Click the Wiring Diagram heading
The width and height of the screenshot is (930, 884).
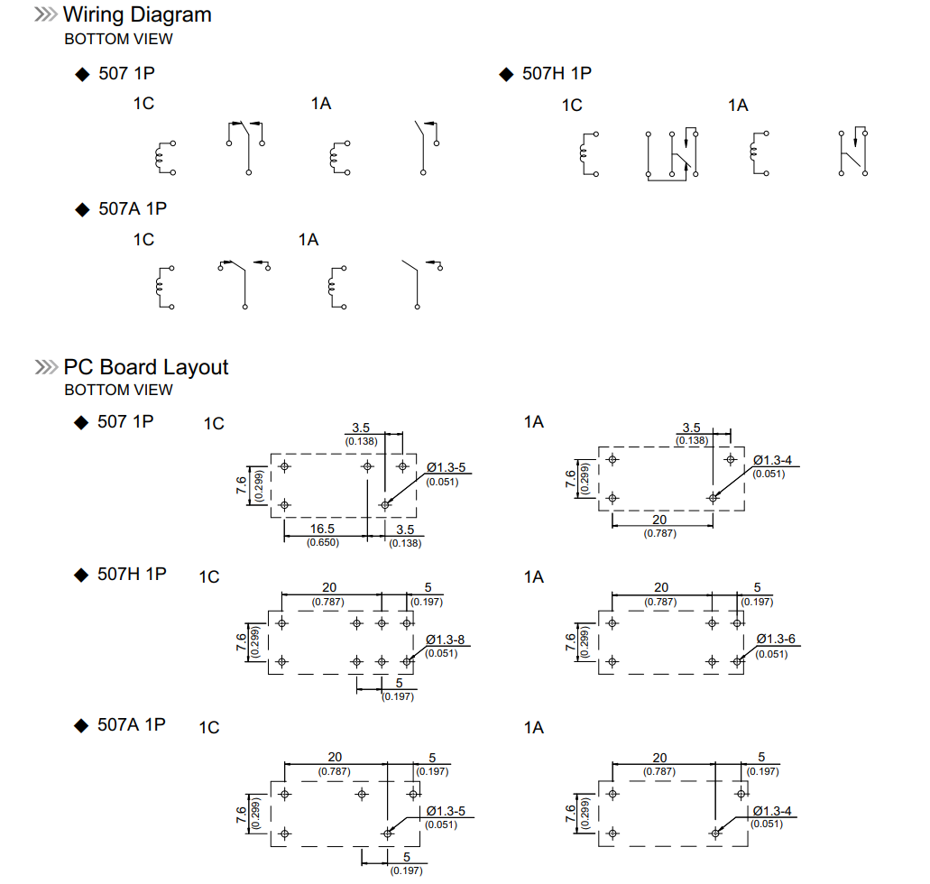(x=137, y=14)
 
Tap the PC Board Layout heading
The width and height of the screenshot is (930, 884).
(x=145, y=367)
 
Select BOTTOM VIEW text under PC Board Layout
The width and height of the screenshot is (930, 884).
(x=118, y=390)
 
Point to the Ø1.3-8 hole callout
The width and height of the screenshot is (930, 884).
(x=445, y=640)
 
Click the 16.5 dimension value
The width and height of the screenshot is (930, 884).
(x=323, y=529)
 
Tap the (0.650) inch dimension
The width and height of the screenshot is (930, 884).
(x=323, y=542)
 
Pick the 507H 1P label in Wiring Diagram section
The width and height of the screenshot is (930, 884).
(x=557, y=73)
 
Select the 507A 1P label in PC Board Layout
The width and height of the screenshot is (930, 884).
(x=132, y=724)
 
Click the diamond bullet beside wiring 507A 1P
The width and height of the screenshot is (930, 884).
(x=82, y=209)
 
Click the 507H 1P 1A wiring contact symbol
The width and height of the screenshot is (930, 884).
(x=853, y=152)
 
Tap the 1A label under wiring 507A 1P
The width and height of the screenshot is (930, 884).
(x=308, y=239)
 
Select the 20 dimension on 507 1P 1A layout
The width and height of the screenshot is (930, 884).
(x=659, y=520)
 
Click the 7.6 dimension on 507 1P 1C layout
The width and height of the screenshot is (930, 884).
(x=242, y=484)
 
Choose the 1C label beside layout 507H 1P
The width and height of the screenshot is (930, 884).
(x=209, y=576)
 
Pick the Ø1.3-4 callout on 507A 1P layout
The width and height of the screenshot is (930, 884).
(x=771, y=811)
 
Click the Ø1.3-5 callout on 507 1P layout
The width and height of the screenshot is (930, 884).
(x=447, y=468)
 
